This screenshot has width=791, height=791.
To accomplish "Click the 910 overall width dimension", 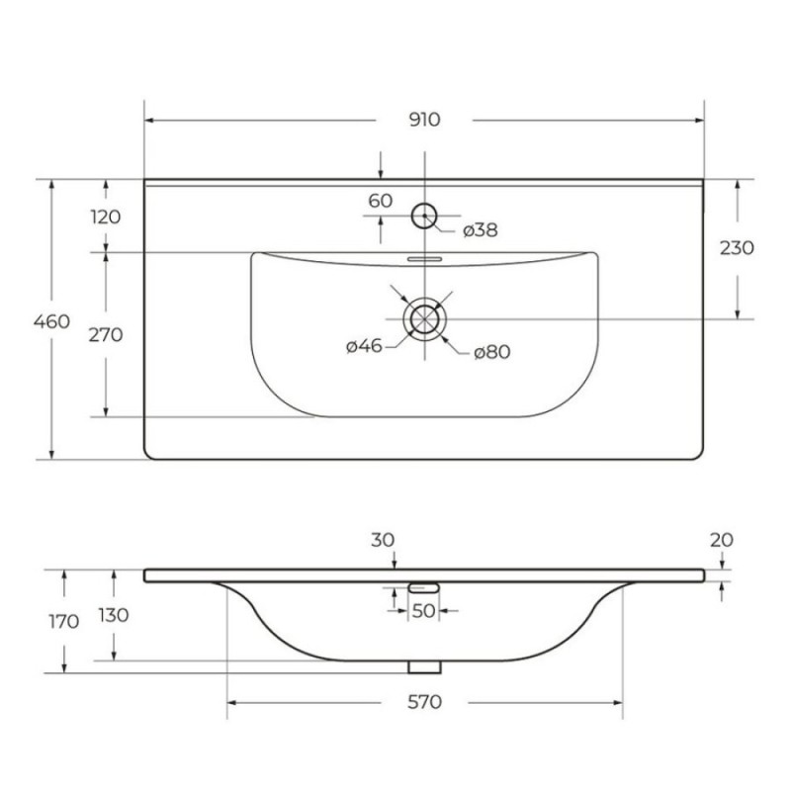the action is click(424, 120).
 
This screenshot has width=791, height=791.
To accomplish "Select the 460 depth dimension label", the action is click(51, 321).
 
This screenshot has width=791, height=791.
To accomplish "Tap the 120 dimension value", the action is click(106, 217).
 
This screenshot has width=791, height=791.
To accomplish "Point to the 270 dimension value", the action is click(106, 334).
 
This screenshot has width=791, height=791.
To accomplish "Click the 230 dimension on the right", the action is click(737, 248).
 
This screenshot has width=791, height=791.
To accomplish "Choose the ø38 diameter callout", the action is click(481, 230).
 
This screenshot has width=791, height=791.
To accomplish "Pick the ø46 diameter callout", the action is click(364, 346).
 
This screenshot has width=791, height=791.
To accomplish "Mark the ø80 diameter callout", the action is click(492, 352).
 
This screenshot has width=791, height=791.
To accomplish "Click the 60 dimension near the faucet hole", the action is click(381, 201).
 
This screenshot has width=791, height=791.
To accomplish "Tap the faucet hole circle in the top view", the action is click(424, 216).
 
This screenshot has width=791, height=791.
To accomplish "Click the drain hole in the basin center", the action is click(425, 319).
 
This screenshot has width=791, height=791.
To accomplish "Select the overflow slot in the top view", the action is click(425, 259).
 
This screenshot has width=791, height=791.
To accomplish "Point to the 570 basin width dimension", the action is click(424, 702).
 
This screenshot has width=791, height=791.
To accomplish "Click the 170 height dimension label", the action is click(64, 622).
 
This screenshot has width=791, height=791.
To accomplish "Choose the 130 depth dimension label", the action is click(114, 615).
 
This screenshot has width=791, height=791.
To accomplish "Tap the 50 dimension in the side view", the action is click(423, 611).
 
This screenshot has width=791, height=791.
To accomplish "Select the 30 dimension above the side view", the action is click(383, 540).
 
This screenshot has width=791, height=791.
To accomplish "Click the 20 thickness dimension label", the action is click(722, 540).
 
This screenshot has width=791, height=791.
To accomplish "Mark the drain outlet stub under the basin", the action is click(425, 666).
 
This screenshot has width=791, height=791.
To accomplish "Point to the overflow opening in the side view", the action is click(424, 587).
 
